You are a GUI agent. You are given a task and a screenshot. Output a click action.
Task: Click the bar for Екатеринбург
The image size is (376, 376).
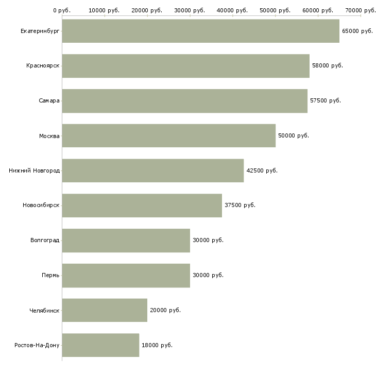(x=200, y=31)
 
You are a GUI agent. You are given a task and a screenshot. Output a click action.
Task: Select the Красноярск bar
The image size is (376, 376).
(x=185, y=66)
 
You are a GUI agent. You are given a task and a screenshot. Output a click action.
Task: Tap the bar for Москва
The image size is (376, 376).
(x=168, y=135)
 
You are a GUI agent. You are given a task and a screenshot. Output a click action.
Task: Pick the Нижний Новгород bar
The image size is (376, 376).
(x=152, y=170)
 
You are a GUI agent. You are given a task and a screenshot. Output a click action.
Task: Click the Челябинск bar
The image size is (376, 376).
(x=105, y=310)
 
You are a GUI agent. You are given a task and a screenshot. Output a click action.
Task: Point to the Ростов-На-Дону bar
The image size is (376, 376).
(x=100, y=345)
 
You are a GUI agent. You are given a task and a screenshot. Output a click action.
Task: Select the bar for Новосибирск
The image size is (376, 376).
(x=142, y=206)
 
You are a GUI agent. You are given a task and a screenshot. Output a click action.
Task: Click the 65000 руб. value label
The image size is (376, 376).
(x=357, y=31)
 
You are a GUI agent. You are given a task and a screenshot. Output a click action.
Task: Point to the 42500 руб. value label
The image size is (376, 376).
(x=262, y=170)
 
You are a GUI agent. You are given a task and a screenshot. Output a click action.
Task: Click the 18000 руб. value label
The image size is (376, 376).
(x=157, y=345)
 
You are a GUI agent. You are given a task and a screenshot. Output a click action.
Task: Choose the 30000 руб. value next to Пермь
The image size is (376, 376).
(x=208, y=275)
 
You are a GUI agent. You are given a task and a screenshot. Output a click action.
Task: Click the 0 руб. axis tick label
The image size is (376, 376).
(x=62, y=10)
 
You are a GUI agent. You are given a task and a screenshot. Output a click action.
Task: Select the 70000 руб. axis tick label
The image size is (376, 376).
(x=361, y=10)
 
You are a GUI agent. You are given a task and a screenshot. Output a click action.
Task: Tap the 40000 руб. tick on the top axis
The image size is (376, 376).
(x=233, y=10)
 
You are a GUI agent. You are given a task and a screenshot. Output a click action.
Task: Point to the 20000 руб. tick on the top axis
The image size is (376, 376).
(x=147, y=10)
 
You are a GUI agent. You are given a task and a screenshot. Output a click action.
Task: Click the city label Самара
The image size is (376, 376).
(x=49, y=101)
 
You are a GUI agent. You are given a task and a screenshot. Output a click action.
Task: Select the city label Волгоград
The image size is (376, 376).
(x=45, y=241)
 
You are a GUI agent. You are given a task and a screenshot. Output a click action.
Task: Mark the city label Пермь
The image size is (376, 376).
(x=50, y=275)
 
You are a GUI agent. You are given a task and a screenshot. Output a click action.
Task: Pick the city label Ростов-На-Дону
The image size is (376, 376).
(x=37, y=345)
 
